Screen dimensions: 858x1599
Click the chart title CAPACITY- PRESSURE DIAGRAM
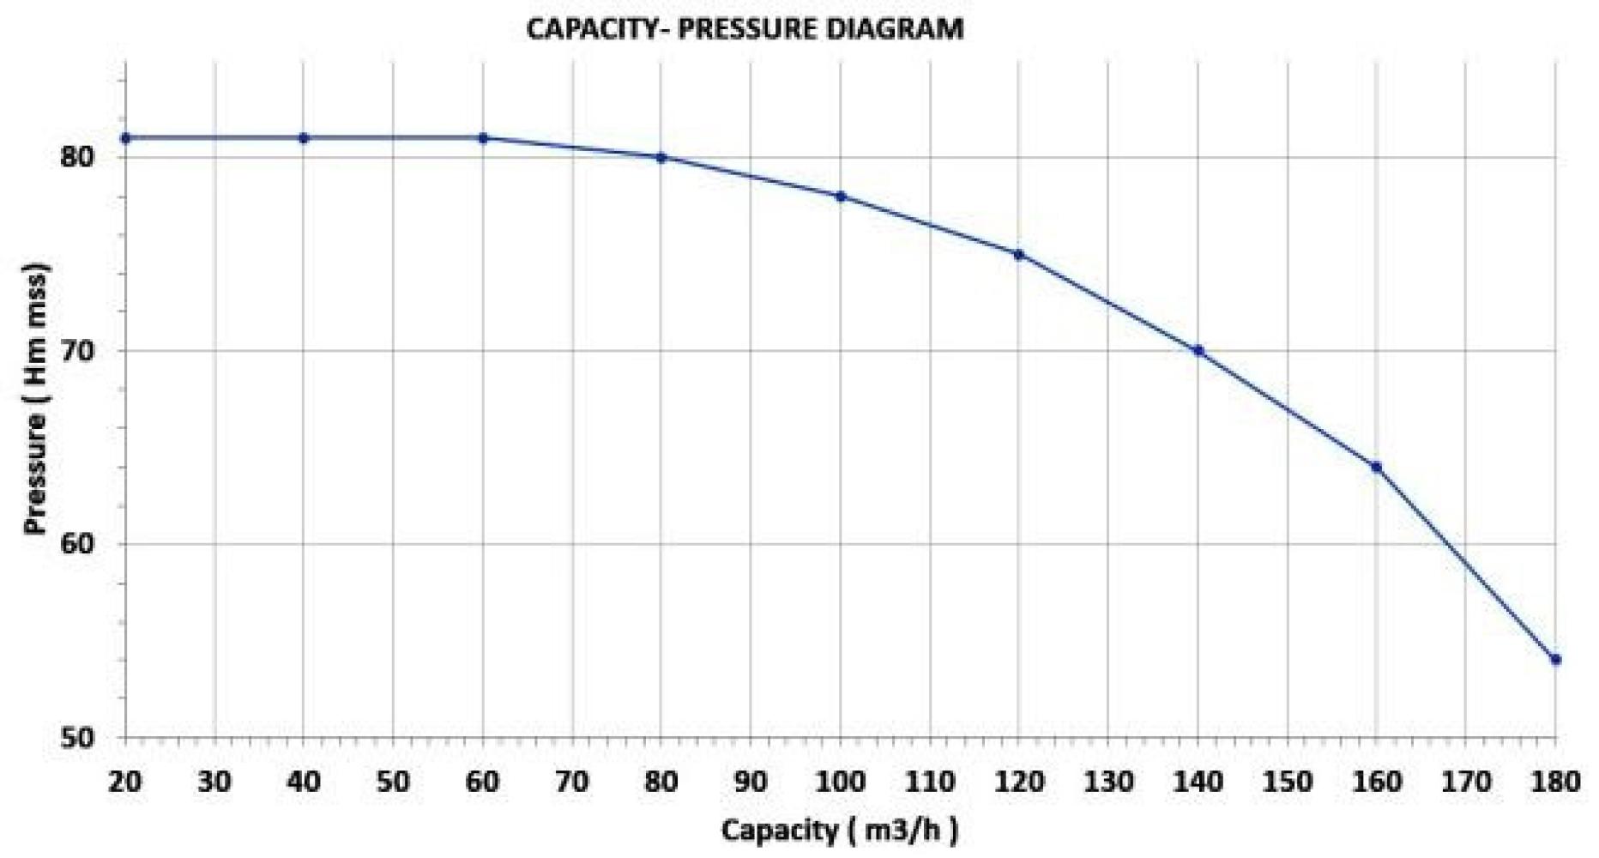pyautogui.click(x=745, y=29)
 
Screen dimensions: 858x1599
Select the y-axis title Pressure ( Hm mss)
pyautogui.click(x=36, y=399)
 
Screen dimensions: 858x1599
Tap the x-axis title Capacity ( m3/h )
pyautogui.click(x=839, y=830)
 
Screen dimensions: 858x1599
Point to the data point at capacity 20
pyautogui.click(x=125, y=138)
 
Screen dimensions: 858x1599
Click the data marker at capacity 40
pyautogui.click(x=304, y=138)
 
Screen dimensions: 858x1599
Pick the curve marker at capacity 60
pyautogui.click(x=483, y=138)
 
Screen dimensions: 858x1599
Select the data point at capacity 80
pyautogui.click(x=661, y=158)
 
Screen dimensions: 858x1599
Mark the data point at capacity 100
pyautogui.click(x=841, y=196)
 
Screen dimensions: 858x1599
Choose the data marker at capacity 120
pyautogui.click(x=1019, y=254)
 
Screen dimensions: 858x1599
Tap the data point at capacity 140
pyautogui.click(x=1198, y=351)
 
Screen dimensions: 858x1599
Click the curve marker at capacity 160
pyautogui.click(x=1377, y=467)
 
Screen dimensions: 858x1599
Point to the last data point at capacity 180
pyautogui.click(x=1556, y=660)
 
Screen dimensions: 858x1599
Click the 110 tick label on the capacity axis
pyautogui.click(x=930, y=782)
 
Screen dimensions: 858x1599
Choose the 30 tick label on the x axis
pyautogui.click(x=214, y=782)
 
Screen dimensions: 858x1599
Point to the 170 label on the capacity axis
pyautogui.click(x=1466, y=782)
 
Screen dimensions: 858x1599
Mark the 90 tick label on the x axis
pyautogui.click(x=751, y=782)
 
